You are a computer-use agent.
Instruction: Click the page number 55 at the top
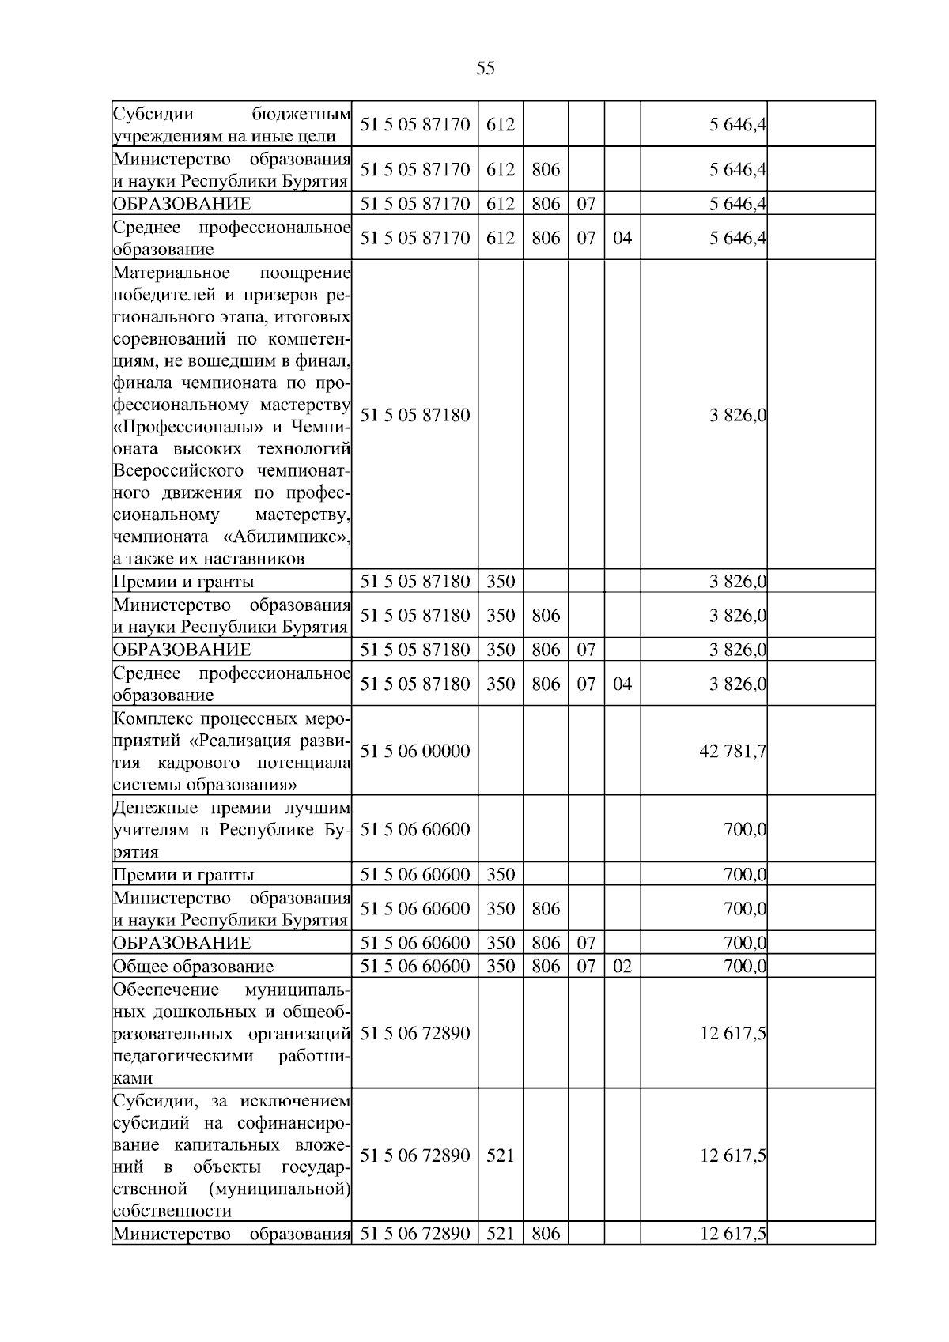tap(486, 69)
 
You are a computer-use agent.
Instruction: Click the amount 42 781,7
tap(732, 751)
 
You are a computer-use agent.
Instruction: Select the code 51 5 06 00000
tap(414, 751)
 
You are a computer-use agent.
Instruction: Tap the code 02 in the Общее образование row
tap(622, 966)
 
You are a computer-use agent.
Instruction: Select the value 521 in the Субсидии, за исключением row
tap(500, 1155)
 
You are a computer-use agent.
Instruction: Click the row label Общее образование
tap(193, 966)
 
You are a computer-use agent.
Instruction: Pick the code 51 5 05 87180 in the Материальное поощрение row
tap(414, 415)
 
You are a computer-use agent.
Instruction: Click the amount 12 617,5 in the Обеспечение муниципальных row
tap(732, 1033)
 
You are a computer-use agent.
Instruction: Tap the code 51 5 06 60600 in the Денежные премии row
tap(414, 829)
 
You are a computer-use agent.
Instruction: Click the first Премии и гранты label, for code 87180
tap(183, 582)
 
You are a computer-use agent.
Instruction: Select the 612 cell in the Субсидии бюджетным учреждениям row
tap(500, 124)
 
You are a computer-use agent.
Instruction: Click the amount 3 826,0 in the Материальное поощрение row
tap(738, 415)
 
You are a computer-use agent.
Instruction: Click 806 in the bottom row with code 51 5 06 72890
tap(546, 1233)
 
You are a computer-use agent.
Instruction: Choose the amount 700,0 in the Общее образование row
tap(745, 966)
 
